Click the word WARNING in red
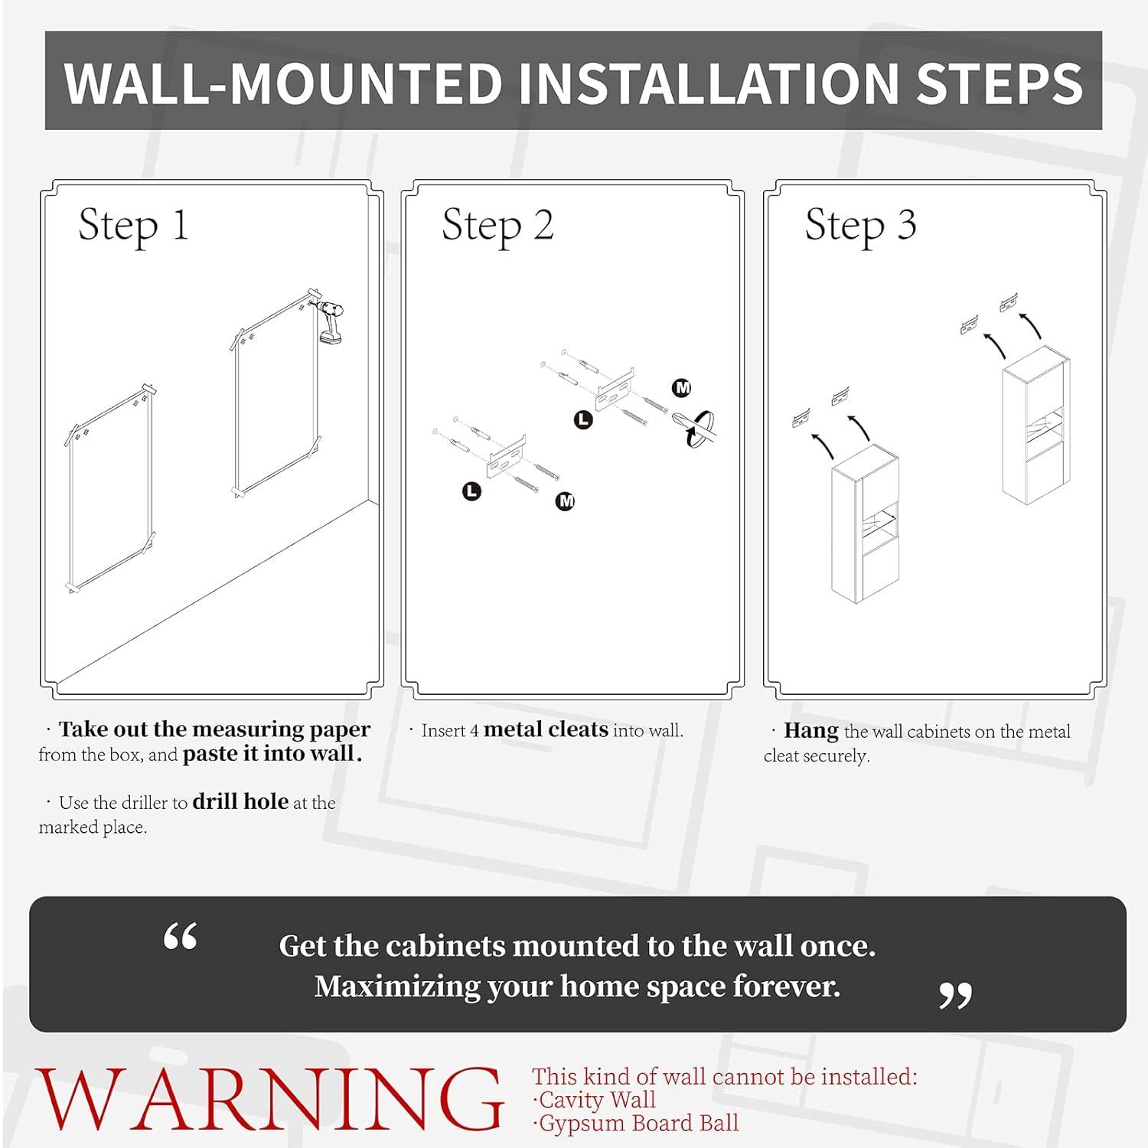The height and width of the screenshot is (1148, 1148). pyautogui.click(x=270, y=1100)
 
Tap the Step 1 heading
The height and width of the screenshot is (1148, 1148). pyautogui.click(x=133, y=227)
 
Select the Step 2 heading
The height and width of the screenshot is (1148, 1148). pyautogui.click(x=497, y=227)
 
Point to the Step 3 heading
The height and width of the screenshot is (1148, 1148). pyautogui.click(x=860, y=227)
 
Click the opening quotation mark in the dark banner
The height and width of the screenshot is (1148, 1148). pyautogui.click(x=181, y=936)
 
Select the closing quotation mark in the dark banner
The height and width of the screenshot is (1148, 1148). pyautogui.click(x=955, y=996)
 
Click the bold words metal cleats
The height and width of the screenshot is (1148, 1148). pyautogui.click(x=546, y=729)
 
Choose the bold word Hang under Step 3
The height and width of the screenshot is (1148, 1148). pyautogui.click(x=811, y=731)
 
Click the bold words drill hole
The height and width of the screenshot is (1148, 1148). pyautogui.click(x=240, y=801)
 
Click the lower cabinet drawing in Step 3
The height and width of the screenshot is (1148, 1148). pyautogui.click(x=865, y=524)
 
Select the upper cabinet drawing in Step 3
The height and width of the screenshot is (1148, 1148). pyautogui.click(x=1035, y=425)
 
